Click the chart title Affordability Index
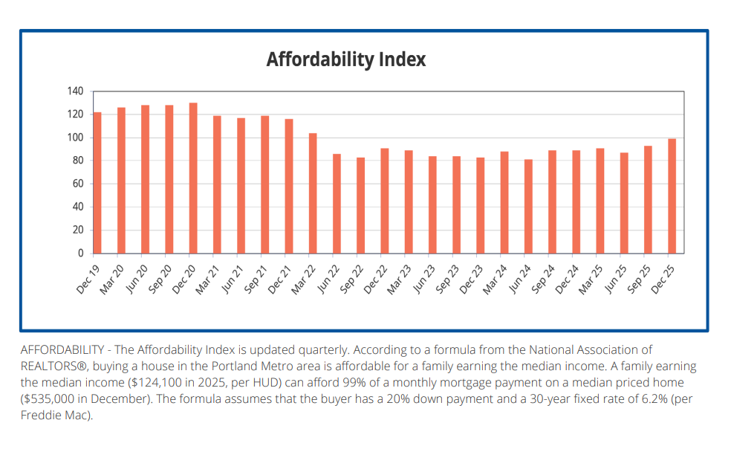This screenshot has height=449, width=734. coord(346,59)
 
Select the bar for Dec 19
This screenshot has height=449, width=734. coord(97,183)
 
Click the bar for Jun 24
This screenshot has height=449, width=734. coord(528,207)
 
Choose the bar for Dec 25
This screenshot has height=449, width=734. coord(672,196)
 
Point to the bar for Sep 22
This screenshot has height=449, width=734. coord(360,205)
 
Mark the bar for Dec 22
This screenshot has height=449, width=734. coord(384,201)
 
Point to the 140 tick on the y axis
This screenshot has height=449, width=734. coord(75,91)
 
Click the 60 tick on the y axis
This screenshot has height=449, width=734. coord(77,184)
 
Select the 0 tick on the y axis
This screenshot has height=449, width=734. coord(80,253)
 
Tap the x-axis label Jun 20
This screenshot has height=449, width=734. coord(137,277)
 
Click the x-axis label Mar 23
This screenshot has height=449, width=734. coord(400,277)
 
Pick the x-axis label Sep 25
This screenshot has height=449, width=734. coord(639,277)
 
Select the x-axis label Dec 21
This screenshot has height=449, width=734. coord(280,277)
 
